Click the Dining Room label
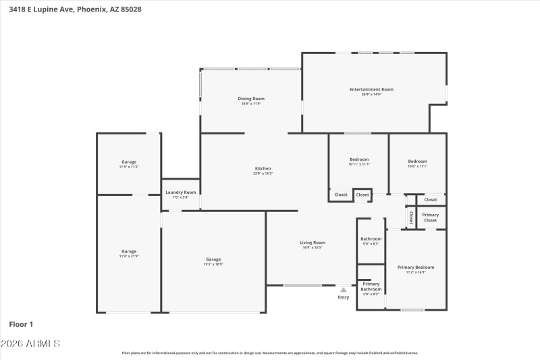[250, 99]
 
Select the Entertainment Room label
[371, 89]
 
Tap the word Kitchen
[263, 168]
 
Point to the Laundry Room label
[181, 192]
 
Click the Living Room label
[313, 242]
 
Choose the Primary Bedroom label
[415, 267]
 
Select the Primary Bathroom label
[371, 286]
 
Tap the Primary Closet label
[430, 217]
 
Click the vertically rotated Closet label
[410, 217]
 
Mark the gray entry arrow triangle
[343, 290]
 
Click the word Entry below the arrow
[344, 297]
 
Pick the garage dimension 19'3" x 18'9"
[213, 265]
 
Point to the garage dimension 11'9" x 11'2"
[129, 167]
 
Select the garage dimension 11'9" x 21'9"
[129, 257]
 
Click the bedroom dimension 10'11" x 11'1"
[359, 165]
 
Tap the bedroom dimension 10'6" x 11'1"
[417, 166]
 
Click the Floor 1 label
[21, 325]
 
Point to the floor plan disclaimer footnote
[269, 353]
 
